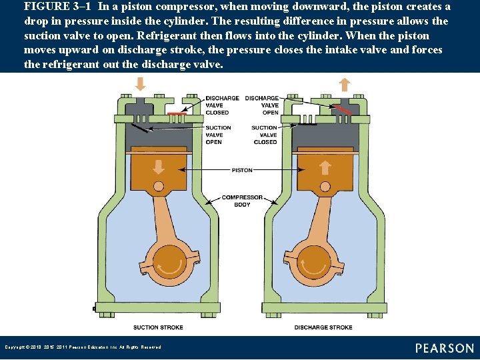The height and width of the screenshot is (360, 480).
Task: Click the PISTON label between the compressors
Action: [242, 170]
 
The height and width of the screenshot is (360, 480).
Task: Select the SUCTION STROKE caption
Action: [158, 327]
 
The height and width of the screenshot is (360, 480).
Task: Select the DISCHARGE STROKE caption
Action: [323, 327]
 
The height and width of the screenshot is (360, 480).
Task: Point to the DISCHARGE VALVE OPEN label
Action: [262, 105]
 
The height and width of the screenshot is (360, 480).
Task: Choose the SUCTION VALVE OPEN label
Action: [218, 135]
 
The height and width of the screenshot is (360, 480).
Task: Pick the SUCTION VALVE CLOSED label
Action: [265, 135]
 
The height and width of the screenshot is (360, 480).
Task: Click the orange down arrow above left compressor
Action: [141, 84]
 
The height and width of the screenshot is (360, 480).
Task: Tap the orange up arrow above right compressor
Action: [344, 84]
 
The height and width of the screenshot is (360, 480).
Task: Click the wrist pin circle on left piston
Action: [159, 187]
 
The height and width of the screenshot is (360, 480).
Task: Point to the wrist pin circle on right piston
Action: [326, 187]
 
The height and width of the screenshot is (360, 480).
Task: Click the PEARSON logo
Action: [445, 348]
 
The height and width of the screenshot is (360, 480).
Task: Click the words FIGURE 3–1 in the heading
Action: [58, 7]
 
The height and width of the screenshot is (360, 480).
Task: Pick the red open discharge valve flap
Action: [344, 109]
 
